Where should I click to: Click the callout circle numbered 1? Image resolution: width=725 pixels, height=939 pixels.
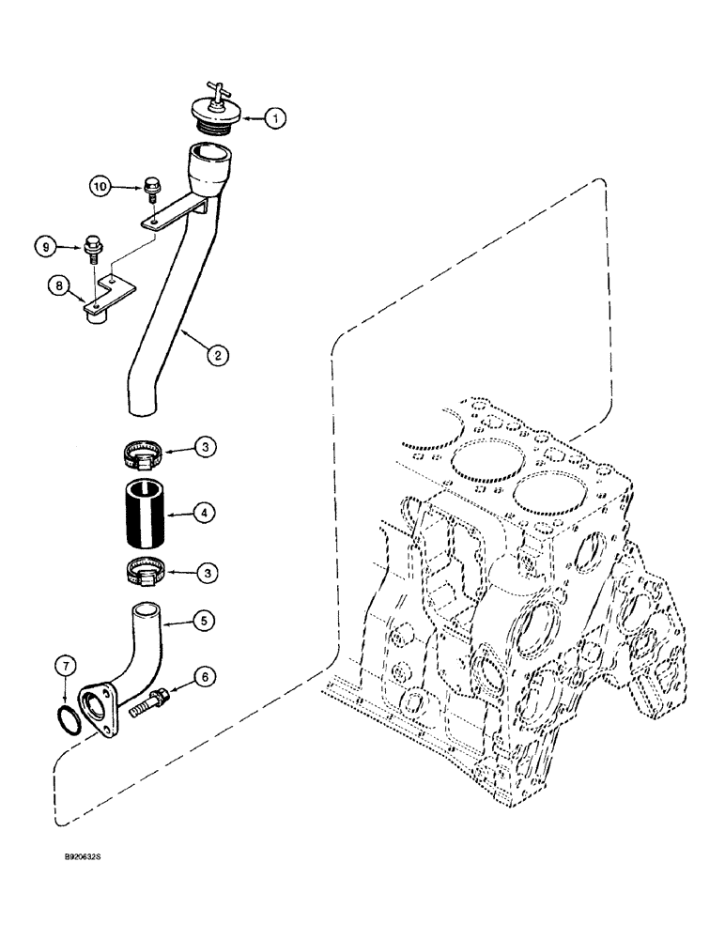(x=273, y=117)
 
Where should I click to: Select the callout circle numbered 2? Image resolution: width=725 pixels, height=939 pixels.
(x=217, y=354)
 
